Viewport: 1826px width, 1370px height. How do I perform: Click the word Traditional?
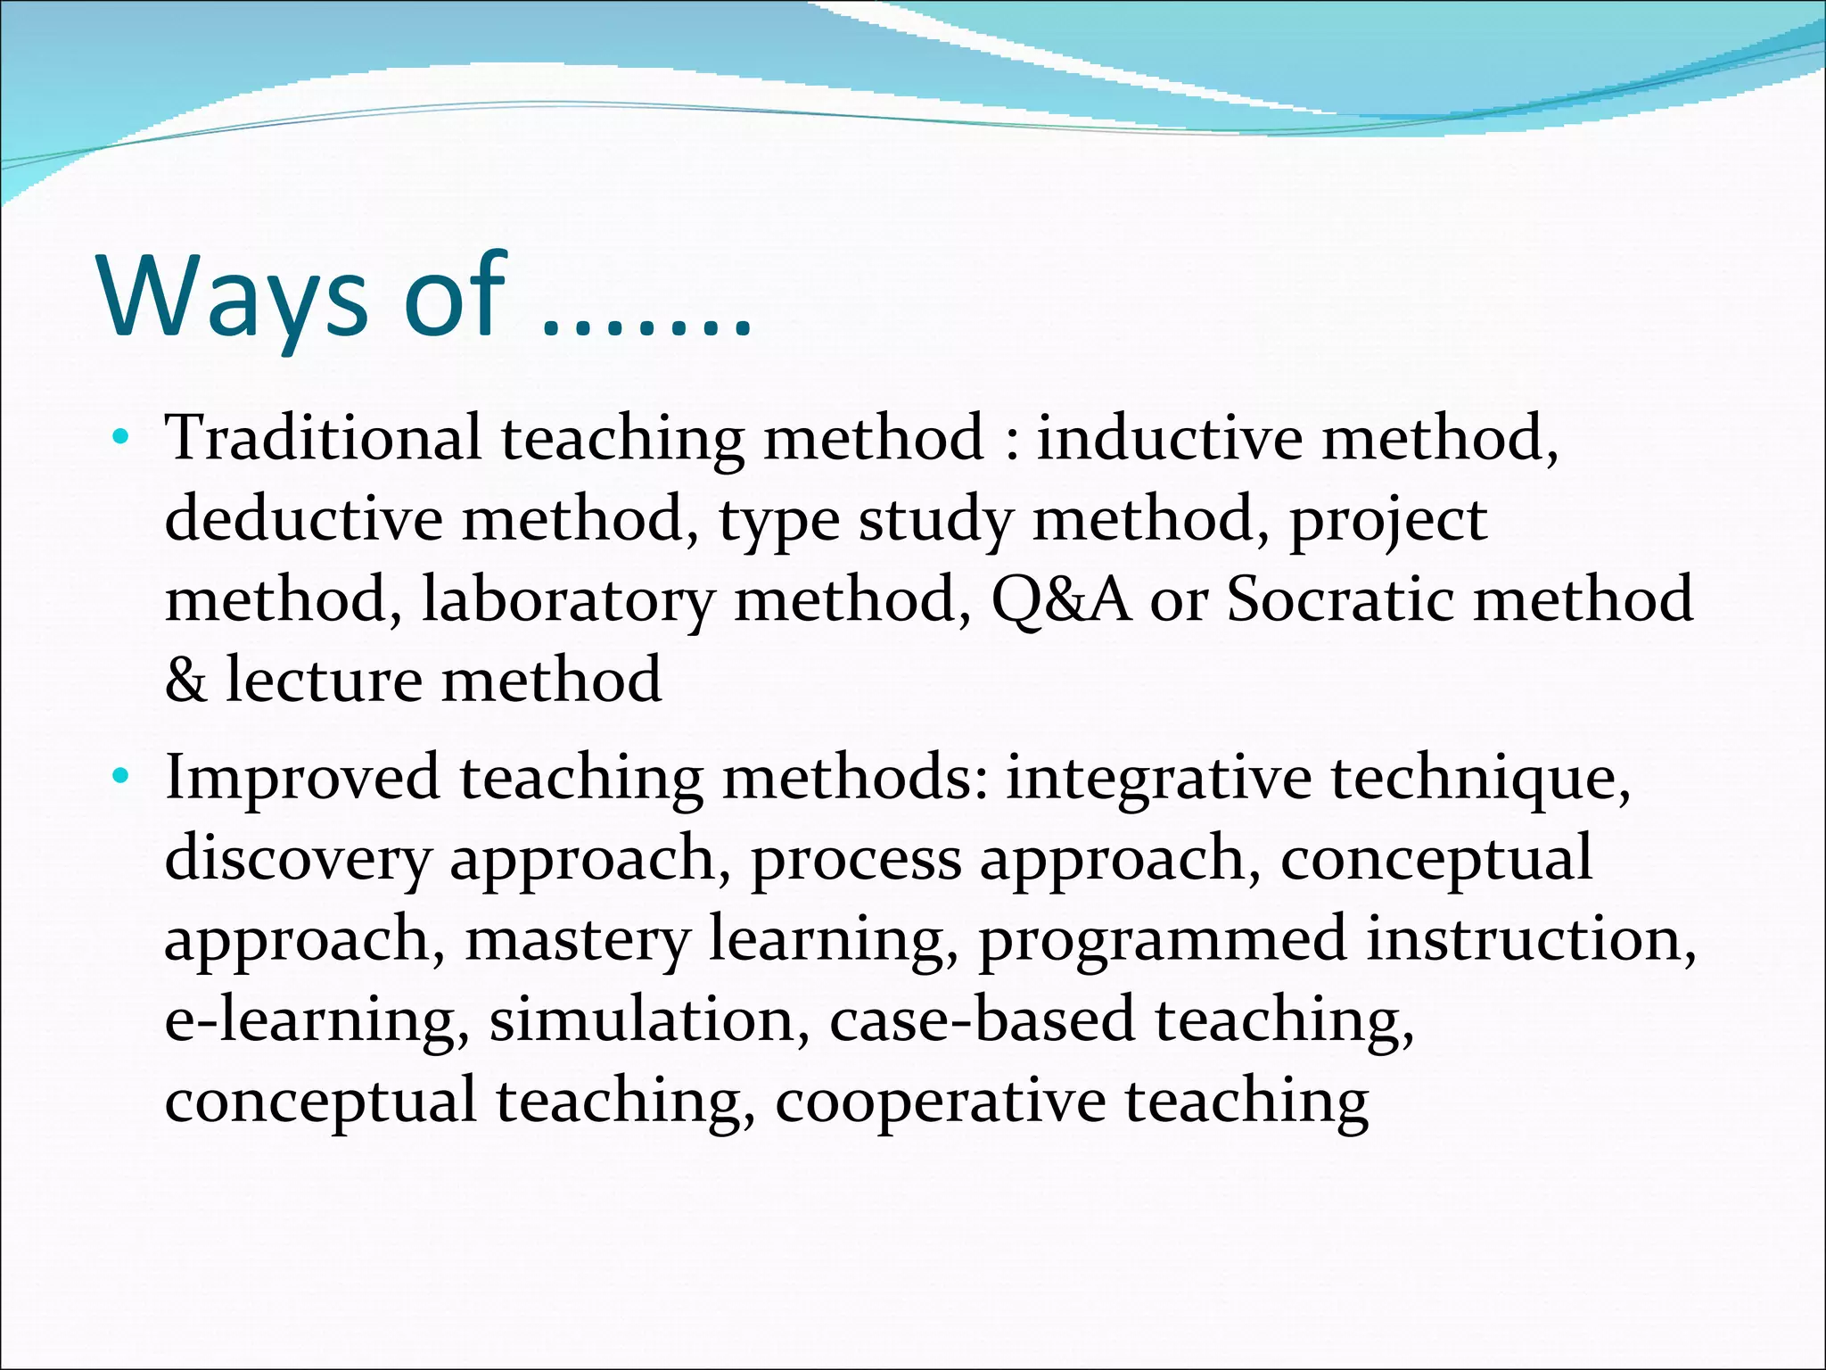pos(323,438)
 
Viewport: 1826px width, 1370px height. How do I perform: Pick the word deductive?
pos(303,519)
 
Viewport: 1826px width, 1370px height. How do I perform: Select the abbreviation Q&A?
pos(1061,599)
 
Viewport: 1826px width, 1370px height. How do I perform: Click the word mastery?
pos(577,940)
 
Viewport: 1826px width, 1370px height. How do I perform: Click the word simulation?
pos(641,1019)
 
